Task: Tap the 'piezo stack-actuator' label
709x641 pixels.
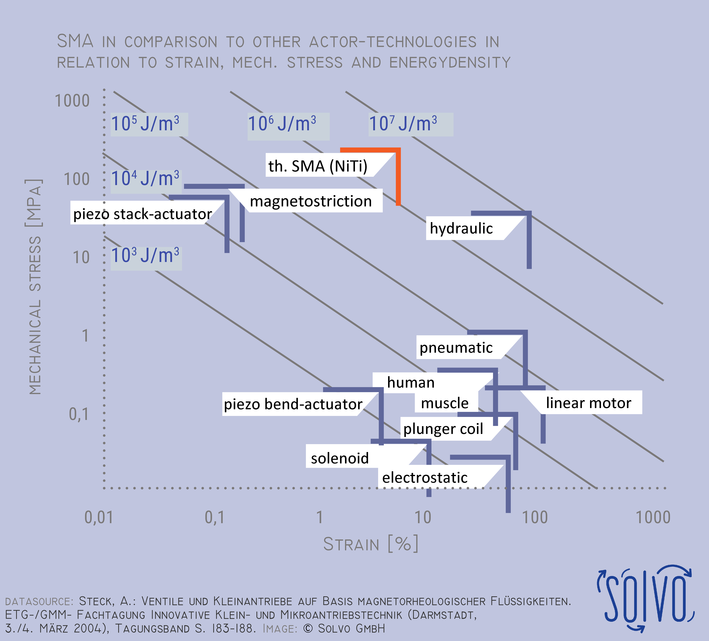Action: click(142, 214)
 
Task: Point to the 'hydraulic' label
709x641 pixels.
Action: click(461, 228)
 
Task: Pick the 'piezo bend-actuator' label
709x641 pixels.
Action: click(293, 404)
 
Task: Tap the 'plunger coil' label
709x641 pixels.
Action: click(443, 429)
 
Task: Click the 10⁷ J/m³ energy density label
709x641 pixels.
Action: click(403, 124)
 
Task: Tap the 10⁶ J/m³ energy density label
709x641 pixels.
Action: click(282, 124)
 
